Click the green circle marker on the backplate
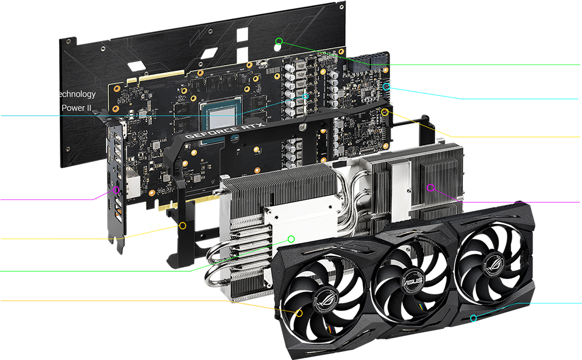point(279,41)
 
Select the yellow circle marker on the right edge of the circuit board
point(385,112)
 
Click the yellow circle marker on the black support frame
point(183,225)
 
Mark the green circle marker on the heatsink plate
point(291,238)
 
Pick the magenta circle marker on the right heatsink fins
point(430,187)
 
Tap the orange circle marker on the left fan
point(298,313)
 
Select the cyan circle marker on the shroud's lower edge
point(474,318)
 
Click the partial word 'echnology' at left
point(75,94)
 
